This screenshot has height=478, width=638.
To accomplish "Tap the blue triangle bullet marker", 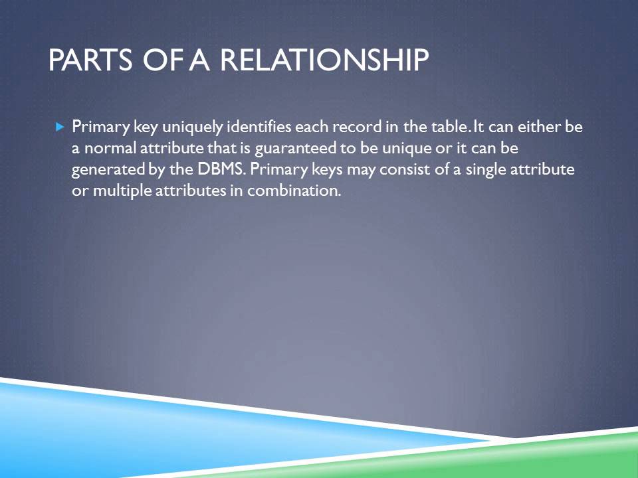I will tap(59, 125).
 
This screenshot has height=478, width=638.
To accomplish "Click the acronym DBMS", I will tap(222, 169).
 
